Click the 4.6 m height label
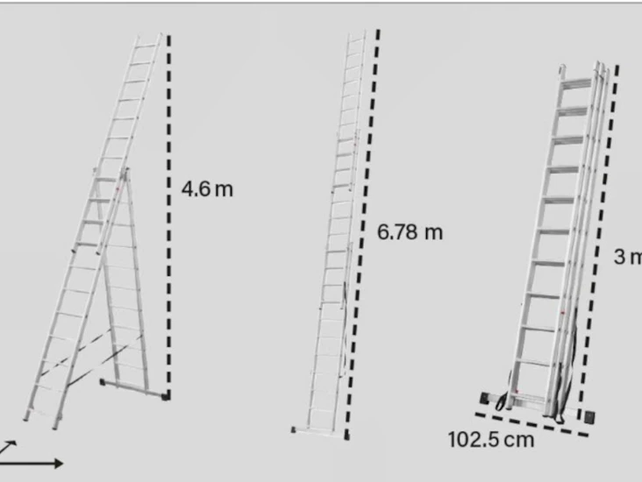(x=207, y=189)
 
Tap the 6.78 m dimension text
(x=410, y=232)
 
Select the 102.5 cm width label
(x=491, y=440)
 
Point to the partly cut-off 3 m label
(x=628, y=257)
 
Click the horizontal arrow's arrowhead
(x=58, y=464)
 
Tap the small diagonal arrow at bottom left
(x=8, y=447)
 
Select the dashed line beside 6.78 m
(x=363, y=234)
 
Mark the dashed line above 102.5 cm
(x=531, y=425)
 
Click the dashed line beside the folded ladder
(x=598, y=242)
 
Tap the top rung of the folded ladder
(x=576, y=83)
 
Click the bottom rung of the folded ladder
(x=531, y=395)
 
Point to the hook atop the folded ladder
(x=562, y=68)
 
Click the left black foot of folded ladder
(x=485, y=398)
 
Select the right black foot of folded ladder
(x=589, y=417)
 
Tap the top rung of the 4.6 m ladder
(x=146, y=46)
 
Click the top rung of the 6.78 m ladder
(x=356, y=40)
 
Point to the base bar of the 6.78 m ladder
(x=319, y=433)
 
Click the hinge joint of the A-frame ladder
(x=124, y=172)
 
